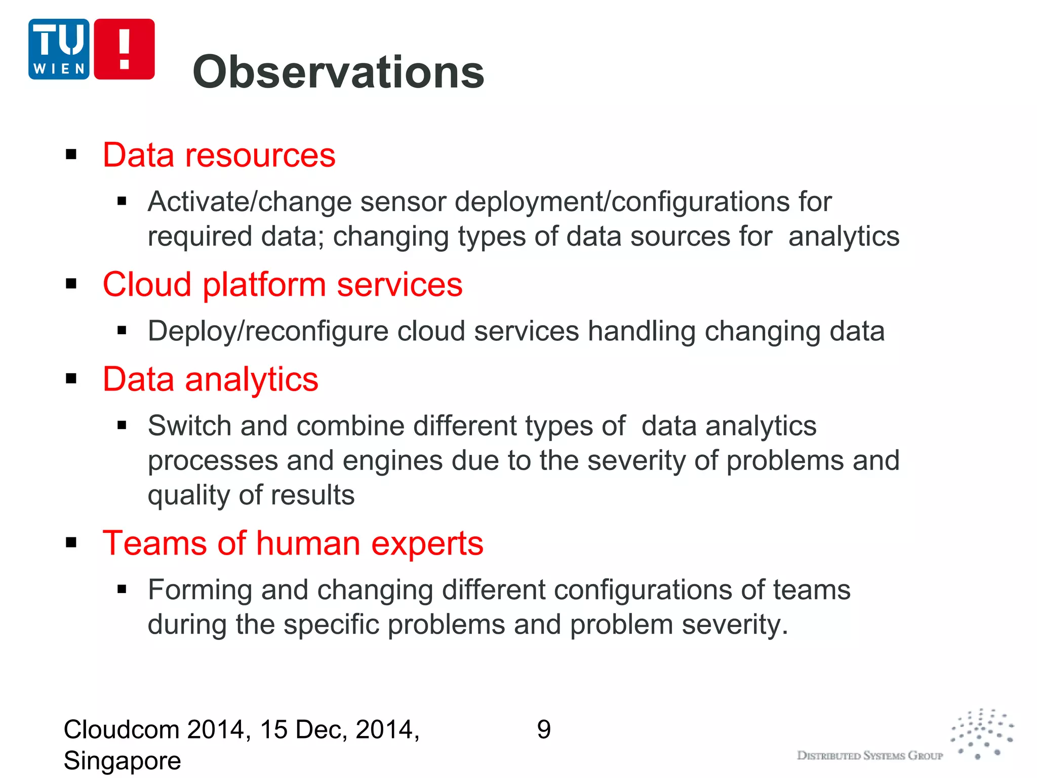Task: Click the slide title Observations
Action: coord(338,72)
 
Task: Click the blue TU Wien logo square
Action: coord(59,49)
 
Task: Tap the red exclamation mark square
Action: coord(124,49)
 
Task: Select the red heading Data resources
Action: coord(219,154)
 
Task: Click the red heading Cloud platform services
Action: coord(282,284)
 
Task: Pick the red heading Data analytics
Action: coord(210,379)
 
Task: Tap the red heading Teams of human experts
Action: coord(293,543)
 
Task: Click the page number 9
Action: coord(543,730)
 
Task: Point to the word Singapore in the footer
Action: coord(122,761)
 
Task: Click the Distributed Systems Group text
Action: coord(869,756)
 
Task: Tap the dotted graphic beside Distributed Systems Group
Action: coord(982,734)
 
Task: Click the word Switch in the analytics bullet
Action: coord(189,425)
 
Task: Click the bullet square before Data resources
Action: coord(71,154)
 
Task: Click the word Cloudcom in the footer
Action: coord(121,730)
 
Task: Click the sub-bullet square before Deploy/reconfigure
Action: coord(122,331)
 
